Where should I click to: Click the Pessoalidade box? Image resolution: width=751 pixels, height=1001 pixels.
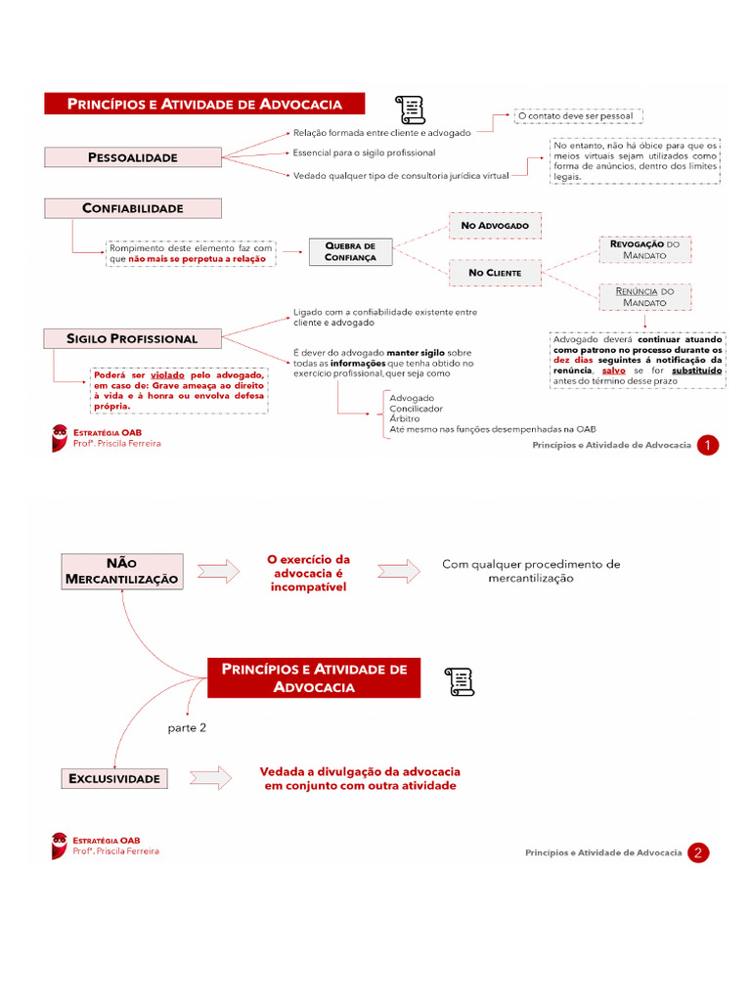133,156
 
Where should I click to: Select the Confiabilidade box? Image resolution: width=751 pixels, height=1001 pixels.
133,208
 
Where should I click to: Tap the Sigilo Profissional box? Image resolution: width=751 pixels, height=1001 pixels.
133,338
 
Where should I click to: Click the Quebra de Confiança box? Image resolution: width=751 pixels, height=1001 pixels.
349,251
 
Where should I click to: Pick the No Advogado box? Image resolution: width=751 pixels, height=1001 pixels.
495,226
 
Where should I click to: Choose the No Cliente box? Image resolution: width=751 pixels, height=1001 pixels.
495,273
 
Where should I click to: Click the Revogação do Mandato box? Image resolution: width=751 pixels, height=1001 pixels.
643,249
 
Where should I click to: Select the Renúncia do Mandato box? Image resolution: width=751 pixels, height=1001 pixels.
643,297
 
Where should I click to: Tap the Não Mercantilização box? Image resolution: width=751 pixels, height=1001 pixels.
122,571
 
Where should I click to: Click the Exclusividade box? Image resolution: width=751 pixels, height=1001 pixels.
114,779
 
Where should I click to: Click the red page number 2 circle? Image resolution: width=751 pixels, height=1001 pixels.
698,853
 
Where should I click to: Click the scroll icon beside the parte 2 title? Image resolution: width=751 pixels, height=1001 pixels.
459,681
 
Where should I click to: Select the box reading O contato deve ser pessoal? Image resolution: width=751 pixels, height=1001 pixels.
575,115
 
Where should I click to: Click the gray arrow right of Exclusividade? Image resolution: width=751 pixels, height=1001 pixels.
210,778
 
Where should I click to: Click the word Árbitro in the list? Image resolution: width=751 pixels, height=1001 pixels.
405,418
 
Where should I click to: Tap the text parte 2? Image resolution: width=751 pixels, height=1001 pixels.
187,727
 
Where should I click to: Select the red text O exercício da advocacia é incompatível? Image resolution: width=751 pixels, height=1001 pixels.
309,573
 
